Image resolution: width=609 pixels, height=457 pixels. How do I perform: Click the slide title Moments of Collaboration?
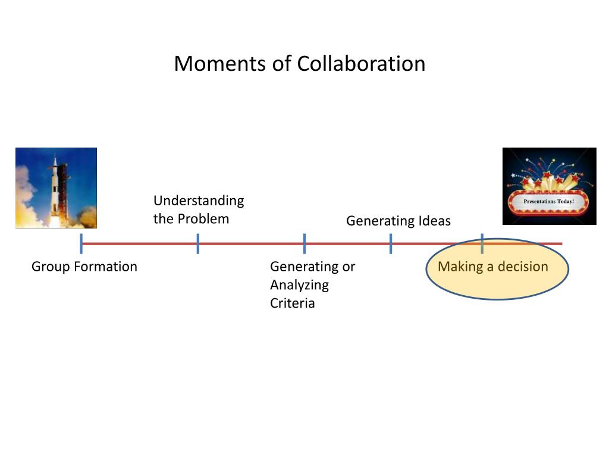click(x=299, y=64)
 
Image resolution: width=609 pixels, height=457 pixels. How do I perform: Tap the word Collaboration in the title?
click(x=361, y=64)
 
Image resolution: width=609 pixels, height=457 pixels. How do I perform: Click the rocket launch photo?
click(x=56, y=188)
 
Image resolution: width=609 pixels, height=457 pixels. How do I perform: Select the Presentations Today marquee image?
click(x=549, y=186)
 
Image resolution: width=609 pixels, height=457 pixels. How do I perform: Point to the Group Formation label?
click(x=84, y=267)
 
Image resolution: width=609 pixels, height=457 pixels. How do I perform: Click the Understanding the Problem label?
click(x=199, y=209)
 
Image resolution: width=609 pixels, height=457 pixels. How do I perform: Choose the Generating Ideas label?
click(x=398, y=221)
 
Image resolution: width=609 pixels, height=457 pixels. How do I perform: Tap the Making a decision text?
click(x=492, y=267)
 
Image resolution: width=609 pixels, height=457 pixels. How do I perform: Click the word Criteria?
click(x=292, y=303)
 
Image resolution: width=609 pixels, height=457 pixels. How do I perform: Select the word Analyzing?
click(x=299, y=285)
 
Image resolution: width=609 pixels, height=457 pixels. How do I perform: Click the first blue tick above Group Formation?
click(x=81, y=243)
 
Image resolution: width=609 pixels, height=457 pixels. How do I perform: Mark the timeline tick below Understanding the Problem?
click(x=197, y=243)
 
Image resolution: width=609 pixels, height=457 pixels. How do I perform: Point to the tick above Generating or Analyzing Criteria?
click(x=304, y=243)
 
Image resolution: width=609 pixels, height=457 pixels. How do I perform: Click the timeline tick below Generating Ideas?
click(x=391, y=243)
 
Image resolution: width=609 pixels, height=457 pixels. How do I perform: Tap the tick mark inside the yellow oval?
click(x=482, y=243)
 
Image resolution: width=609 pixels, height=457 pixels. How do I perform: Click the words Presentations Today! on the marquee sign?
click(x=548, y=202)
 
